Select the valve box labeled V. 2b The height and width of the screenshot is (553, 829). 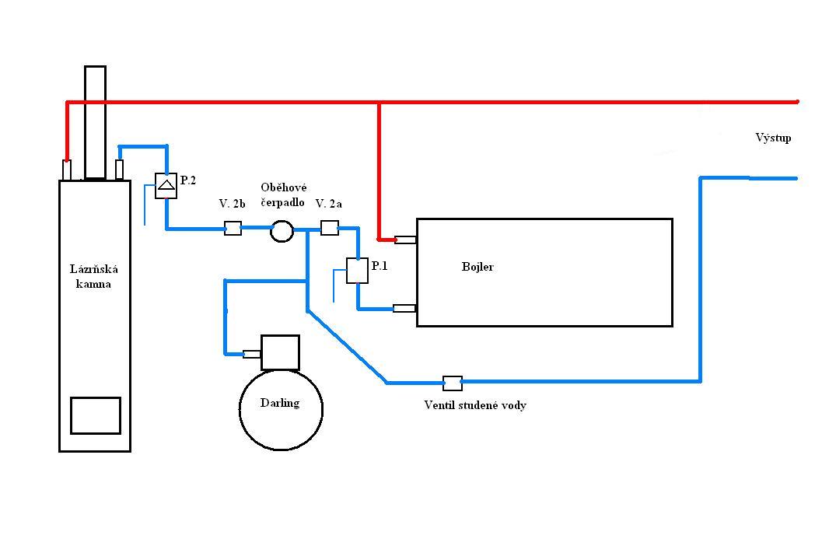(233, 228)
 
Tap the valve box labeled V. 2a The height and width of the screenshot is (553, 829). (330, 228)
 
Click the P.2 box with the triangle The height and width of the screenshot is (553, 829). (166, 186)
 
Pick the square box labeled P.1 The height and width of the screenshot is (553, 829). (357, 271)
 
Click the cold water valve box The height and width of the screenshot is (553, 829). (452, 383)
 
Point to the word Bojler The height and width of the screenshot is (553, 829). (477, 267)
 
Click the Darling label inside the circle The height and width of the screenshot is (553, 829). (280, 403)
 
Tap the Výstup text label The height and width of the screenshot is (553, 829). (774, 138)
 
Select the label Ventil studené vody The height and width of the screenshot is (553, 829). (475, 405)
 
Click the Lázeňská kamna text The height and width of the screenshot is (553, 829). (93, 276)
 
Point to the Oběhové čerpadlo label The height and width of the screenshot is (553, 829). (283, 194)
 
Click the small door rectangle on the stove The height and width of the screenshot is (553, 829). (96, 415)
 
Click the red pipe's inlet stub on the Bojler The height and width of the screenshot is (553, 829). (405, 240)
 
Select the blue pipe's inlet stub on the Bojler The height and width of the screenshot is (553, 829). (404, 308)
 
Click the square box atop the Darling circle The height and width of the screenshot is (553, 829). (280, 352)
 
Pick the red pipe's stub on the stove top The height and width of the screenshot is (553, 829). (67, 170)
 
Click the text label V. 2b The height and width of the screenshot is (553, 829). (232, 204)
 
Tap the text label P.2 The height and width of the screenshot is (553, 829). (187, 180)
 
